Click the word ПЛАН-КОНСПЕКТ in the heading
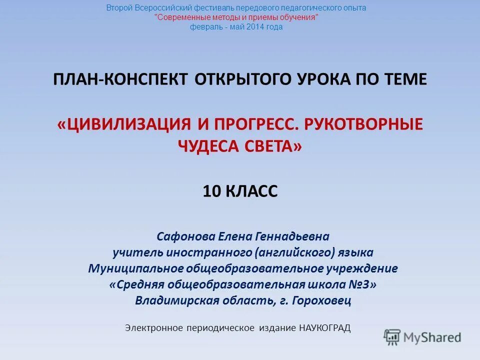click(120, 79)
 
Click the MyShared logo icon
click(392, 337)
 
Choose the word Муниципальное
click(135, 268)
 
